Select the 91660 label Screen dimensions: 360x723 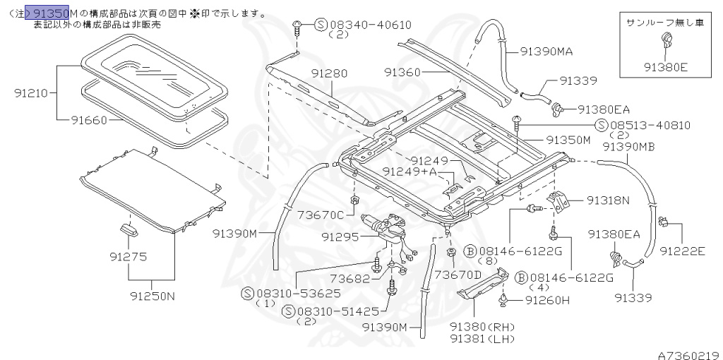pos(88,120)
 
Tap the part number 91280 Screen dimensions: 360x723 pos(328,73)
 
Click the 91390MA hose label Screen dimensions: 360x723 pos(546,51)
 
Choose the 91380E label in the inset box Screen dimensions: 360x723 pos(665,68)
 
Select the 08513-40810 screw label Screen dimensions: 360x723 pos(650,126)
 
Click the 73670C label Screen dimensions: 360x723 pos(321,215)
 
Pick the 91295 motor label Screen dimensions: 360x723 pos(340,236)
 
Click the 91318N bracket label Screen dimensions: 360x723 pos(607,200)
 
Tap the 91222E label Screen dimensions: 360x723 pos(683,250)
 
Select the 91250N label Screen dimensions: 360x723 pos(152,296)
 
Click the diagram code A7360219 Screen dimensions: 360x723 pos(688,355)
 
